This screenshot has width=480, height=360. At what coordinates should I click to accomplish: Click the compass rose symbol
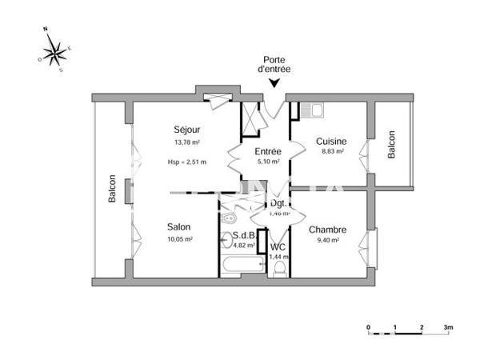click(54, 52)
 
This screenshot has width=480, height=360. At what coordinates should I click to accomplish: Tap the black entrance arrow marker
click(274, 83)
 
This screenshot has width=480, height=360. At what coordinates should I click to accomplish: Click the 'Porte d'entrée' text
click(274, 65)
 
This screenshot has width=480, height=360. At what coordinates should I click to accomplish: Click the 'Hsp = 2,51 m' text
click(186, 162)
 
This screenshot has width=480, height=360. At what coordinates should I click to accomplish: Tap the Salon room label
click(179, 226)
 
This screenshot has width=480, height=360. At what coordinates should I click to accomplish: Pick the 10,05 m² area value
click(179, 238)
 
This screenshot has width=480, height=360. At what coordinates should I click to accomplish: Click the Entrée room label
click(266, 150)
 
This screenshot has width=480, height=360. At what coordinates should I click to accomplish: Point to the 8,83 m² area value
click(330, 150)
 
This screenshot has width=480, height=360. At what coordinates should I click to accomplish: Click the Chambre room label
click(326, 228)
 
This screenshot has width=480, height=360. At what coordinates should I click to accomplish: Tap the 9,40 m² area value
click(326, 239)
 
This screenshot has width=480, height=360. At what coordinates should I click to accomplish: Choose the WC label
click(278, 246)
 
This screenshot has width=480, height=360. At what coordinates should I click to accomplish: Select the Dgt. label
click(278, 204)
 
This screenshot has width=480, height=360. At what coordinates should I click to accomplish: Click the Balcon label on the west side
click(113, 189)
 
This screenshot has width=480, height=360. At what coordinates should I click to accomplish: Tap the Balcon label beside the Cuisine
click(392, 145)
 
